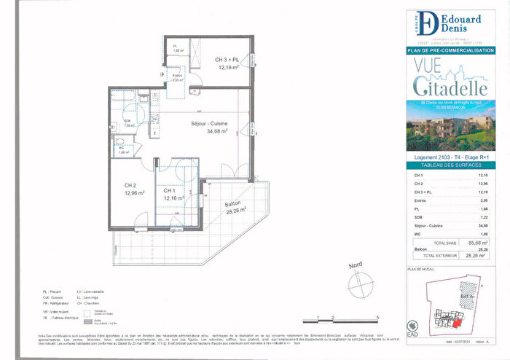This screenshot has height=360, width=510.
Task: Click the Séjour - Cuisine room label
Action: [208, 124]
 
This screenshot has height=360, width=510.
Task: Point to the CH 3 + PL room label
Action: [230, 59]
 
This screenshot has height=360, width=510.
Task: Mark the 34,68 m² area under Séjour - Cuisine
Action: [217, 133]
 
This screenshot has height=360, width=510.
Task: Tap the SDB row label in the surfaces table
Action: [417, 217]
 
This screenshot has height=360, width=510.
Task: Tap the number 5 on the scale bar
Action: [377, 317]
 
